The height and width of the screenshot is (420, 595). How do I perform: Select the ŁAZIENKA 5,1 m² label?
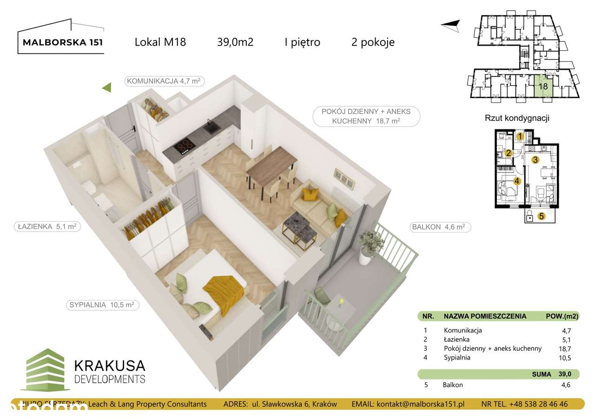click(x=45, y=227)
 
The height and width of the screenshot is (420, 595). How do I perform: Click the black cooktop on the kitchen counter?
click(x=185, y=147)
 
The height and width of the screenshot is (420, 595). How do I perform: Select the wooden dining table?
click(x=271, y=163)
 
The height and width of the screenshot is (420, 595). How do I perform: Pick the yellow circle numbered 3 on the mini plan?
click(x=535, y=160)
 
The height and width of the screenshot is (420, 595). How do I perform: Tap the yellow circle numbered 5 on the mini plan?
click(x=541, y=216)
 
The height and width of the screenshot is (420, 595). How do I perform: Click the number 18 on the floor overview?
click(x=542, y=86)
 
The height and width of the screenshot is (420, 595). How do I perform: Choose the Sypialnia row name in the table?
click(x=457, y=358)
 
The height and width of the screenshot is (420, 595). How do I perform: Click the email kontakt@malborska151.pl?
click(x=408, y=404)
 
